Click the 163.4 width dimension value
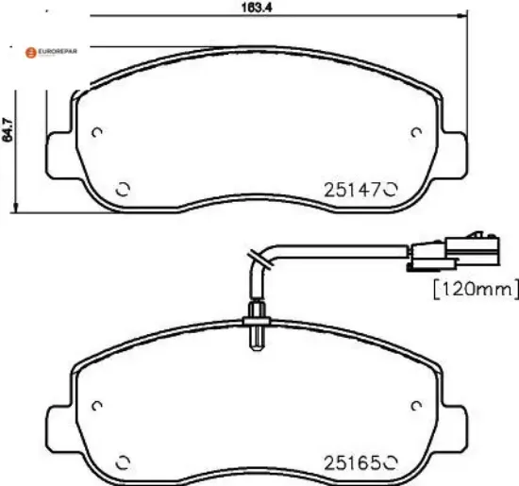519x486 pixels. pyautogui.click(x=257, y=8)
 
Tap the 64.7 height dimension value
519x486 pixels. pyautogui.click(x=8, y=129)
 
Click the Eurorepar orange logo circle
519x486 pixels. pyautogui.click(x=31, y=53)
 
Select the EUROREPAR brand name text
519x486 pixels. pyautogui.click(x=58, y=51)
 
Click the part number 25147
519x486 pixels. pyautogui.click(x=352, y=191)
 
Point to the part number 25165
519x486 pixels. pyautogui.click(x=352, y=462)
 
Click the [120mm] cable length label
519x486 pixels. pyautogui.click(x=476, y=290)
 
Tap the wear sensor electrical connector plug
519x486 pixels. pyautogui.click(x=453, y=252)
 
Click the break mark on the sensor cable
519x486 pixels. pyautogui.click(x=259, y=257)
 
